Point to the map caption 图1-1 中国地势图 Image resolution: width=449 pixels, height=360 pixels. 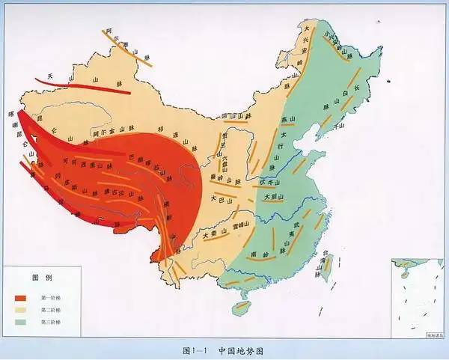coord(224,350)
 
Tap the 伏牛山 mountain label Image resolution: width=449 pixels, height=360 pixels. coord(268,182)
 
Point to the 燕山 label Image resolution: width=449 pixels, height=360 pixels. coord(284,120)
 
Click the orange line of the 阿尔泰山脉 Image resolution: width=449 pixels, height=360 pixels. coord(127,49)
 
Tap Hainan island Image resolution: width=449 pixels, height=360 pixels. coord(240,307)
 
